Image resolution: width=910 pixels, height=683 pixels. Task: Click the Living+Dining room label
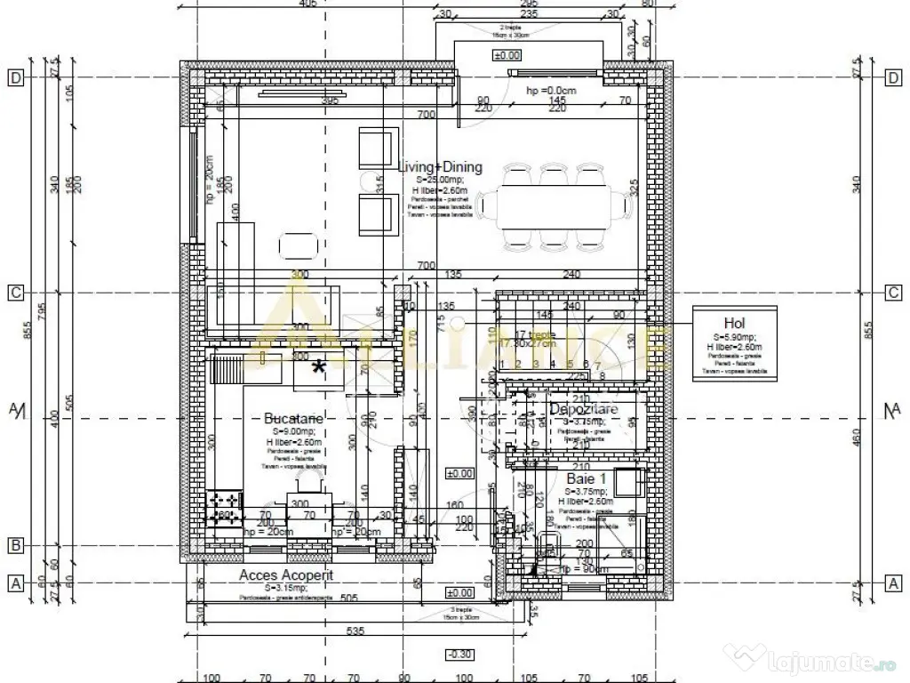pyautogui.click(x=440, y=166)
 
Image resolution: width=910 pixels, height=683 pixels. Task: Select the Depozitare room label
pyautogui.click(x=585, y=408)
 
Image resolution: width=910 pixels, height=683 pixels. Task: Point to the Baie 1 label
pyautogui.click(x=587, y=478)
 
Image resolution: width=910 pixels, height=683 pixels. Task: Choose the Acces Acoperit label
pyautogui.click(x=286, y=575)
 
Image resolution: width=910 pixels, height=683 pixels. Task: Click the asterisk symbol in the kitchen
pyautogui.click(x=318, y=366)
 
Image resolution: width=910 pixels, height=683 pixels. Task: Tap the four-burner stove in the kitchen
pyautogui.click(x=222, y=507)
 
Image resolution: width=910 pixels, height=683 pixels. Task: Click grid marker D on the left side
pyautogui.click(x=15, y=77)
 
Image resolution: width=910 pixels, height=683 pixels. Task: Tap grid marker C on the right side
pyautogui.click(x=893, y=293)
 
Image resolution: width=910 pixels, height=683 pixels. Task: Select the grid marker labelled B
pyautogui.click(x=15, y=545)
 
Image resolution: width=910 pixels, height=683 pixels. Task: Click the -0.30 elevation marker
pyautogui.click(x=459, y=654)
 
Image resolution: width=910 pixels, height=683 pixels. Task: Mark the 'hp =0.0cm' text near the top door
pyautogui.click(x=553, y=91)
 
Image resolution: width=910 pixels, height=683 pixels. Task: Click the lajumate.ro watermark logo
pyautogui.click(x=810, y=660)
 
